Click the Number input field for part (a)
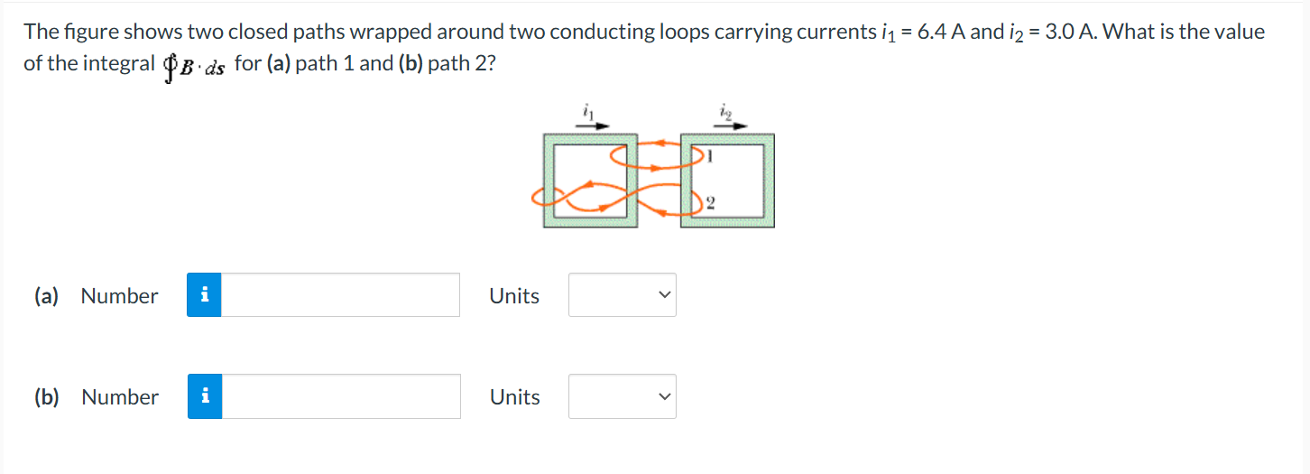[x=340, y=295]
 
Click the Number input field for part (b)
[x=341, y=396]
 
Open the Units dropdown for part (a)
[x=622, y=295]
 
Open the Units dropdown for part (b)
[x=622, y=396]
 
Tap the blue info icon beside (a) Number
[x=205, y=295]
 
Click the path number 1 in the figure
[x=711, y=156]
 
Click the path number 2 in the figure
[x=711, y=202]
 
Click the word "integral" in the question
[x=120, y=64]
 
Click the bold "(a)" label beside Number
[x=46, y=296]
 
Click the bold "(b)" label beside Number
[x=46, y=397]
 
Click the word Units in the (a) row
[x=514, y=296]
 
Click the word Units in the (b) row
[x=514, y=397]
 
